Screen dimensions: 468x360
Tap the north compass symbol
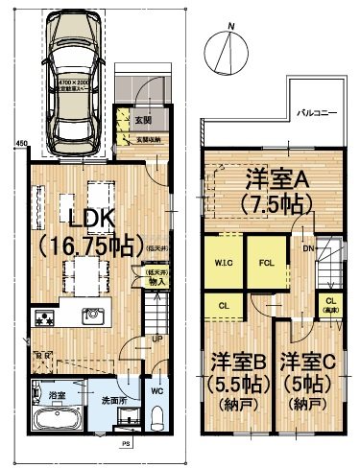[x=227, y=48]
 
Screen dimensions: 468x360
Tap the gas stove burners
[x=44, y=317]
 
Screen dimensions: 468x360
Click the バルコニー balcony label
[x=314, y=111]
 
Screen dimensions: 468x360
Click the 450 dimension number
[x=21, y=146]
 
